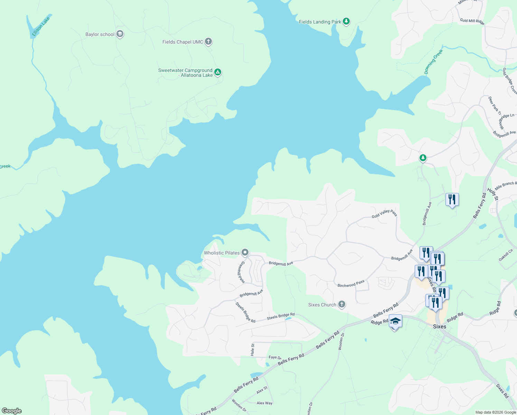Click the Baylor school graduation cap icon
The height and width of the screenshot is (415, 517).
120,34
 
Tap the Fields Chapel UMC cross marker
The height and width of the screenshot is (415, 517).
208,41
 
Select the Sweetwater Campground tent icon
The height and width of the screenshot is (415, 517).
218,72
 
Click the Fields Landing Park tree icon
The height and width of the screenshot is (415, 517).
346,21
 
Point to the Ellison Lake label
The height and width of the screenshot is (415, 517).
41,27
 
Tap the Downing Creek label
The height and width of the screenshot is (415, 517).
433,62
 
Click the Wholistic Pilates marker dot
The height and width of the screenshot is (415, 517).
245,252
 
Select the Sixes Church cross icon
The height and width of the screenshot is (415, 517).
341,304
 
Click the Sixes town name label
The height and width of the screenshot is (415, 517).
440,326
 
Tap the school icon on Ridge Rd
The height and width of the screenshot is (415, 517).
395,321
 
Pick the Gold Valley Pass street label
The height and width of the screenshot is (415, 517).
384,214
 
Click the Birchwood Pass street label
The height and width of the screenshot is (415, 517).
351,284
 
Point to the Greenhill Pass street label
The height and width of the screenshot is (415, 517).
241,272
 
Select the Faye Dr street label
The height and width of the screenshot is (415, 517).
275,357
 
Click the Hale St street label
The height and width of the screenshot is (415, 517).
253,350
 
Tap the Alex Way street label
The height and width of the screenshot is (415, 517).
264,403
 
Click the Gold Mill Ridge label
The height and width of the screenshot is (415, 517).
472,21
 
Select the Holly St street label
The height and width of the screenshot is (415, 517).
492,194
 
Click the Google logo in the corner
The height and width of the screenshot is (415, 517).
12,411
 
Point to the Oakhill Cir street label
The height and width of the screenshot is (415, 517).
506,255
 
